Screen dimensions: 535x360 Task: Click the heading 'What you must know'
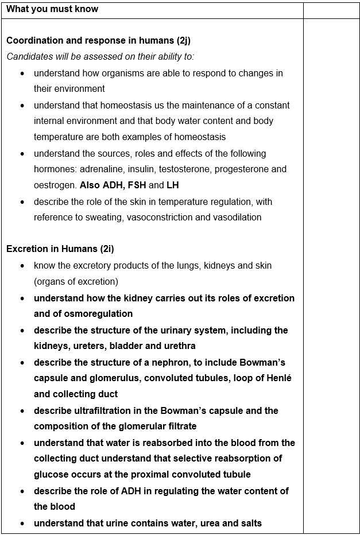(52, 9)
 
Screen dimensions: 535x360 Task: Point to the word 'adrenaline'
(104, 169)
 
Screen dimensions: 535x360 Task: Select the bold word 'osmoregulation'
(98, 314)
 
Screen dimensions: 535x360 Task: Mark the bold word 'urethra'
(179, 346)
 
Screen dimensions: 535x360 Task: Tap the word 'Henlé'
(278, 378)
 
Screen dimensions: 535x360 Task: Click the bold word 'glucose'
(51, 475)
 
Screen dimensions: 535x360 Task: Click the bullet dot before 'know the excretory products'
(22, 266)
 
